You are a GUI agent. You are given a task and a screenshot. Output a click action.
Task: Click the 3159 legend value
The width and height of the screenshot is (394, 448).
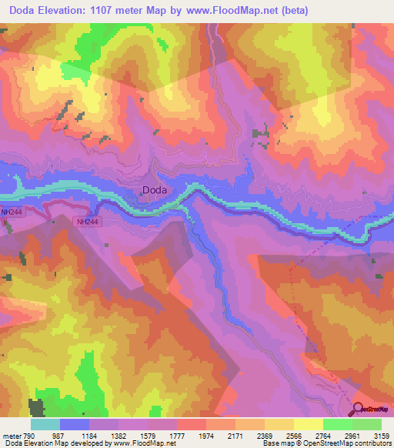click(382, 436)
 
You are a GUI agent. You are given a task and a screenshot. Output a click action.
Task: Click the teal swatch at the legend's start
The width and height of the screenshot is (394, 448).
click(45, 424)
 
